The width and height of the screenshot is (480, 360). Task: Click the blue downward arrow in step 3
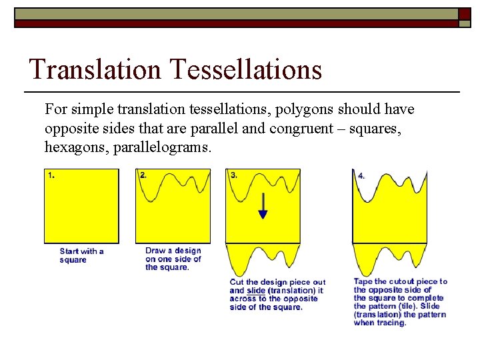263,206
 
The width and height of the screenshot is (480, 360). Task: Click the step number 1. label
51,175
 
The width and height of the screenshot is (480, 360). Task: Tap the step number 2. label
143,175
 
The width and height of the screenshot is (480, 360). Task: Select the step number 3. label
233,175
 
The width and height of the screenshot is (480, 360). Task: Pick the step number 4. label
361,177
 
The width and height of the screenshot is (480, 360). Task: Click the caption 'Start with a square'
81,255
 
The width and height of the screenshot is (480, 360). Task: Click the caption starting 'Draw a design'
173,259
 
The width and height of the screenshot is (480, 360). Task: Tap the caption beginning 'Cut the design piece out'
277,294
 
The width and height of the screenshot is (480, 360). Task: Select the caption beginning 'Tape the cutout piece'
400,302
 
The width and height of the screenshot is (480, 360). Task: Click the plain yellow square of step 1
81,207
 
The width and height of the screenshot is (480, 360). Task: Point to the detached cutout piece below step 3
263,259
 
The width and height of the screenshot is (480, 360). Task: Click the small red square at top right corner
465,15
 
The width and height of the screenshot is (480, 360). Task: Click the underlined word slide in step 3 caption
256,291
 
